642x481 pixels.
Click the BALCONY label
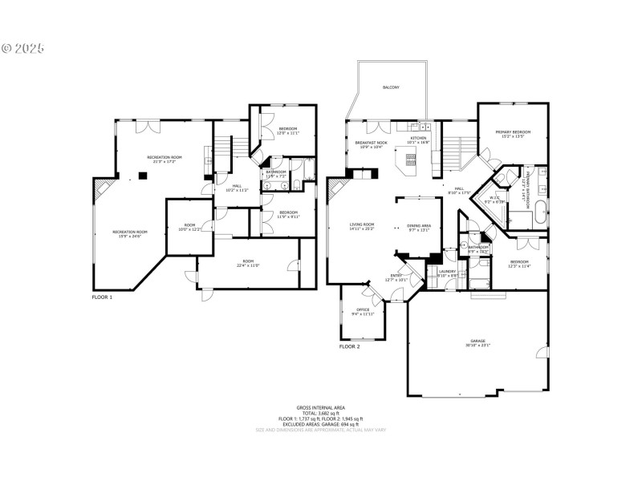391,87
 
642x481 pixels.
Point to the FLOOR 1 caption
102,297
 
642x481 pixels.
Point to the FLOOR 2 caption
349,346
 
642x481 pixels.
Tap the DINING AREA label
419,227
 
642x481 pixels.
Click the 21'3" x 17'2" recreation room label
165,159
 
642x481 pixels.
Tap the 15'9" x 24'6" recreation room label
128,234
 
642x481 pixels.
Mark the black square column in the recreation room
141,176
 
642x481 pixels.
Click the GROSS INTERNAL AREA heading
320,408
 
